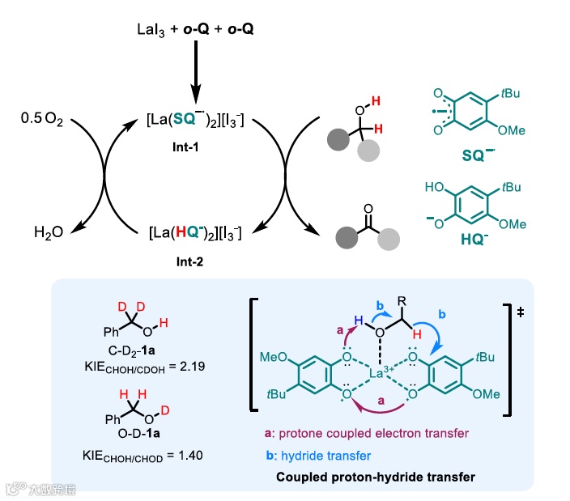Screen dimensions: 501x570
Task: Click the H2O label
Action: point(49,233)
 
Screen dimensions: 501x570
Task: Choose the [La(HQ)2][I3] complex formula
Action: point(195,233)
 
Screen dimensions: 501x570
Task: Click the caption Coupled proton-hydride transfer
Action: point(375,475)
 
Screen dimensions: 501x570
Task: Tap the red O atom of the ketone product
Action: point(368,208)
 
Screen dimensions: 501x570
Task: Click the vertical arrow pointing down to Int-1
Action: point(195,77)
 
